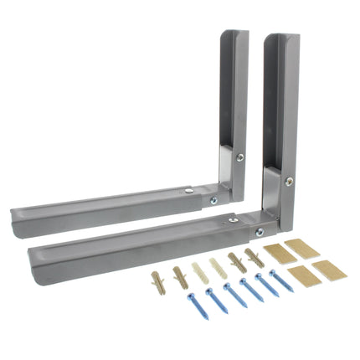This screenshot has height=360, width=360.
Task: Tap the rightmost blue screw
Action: click(x=285, y=285)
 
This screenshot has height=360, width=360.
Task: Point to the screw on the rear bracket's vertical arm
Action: click(x=240, y=157)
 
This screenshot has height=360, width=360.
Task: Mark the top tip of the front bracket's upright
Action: click(x=282, y=39)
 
